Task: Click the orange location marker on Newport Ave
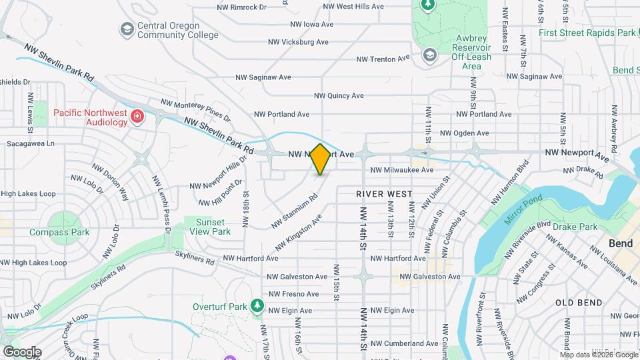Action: [321, 159]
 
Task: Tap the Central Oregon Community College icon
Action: [127, 29]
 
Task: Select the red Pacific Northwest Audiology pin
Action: [137, 117]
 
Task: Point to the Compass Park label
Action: [59, 233]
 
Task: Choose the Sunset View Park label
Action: [212, 226]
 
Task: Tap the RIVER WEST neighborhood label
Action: [383, 194]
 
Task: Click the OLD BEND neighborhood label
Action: [580, 302]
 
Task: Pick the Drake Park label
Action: [575, 227]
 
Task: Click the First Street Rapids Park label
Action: [587, 33]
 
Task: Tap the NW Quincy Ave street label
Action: [339, 96]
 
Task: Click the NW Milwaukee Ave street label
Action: [402, 170]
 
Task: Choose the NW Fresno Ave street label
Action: [294, 294]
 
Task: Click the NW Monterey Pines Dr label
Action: [195, 111]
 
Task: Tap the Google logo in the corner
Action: [22, 352]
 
